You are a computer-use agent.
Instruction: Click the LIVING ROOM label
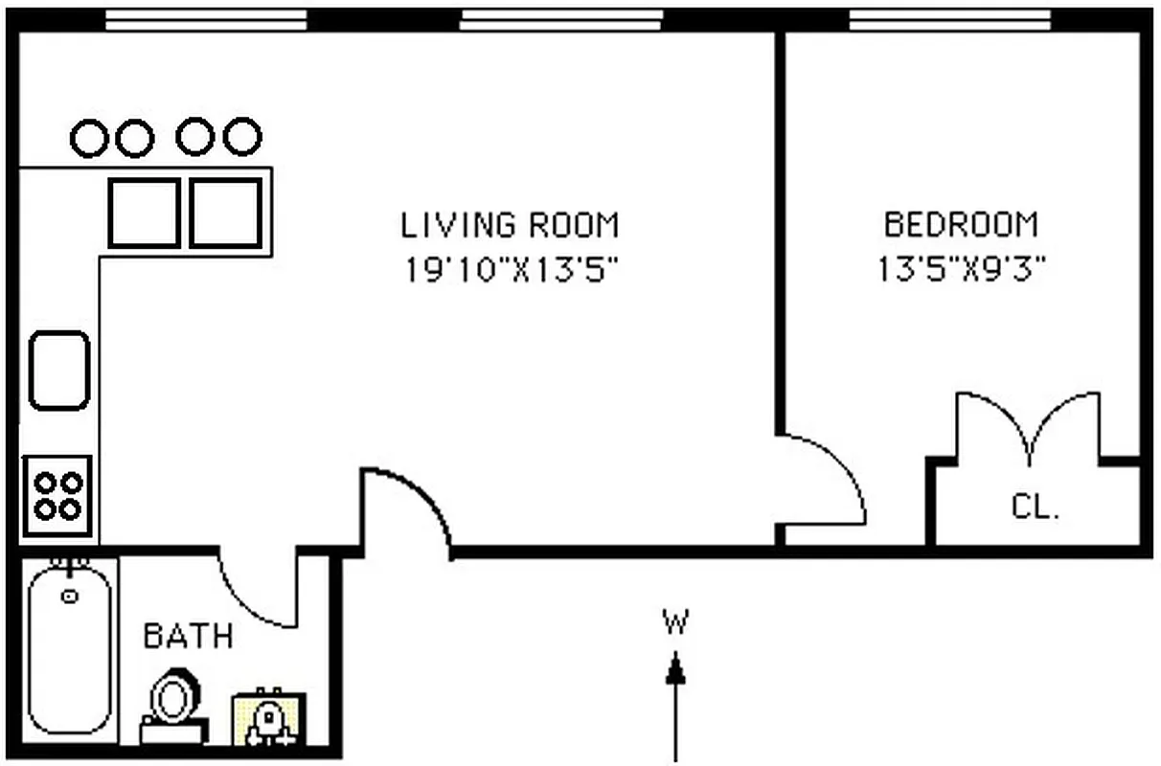(x=510, y=225)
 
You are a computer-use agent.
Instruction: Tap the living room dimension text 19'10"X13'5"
(x=510, y=270)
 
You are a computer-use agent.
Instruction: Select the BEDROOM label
(x=961, y=225)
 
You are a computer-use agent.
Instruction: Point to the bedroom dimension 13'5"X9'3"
(x=961, y=270)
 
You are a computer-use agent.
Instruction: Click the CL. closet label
(x=1036, y=507)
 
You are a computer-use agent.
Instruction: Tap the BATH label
(x=188, y=636)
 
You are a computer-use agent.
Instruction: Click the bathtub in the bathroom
(x=68, y=651)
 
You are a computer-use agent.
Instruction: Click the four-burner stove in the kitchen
(x=57, y=496)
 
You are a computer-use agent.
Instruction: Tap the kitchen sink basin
(x=59, y=371)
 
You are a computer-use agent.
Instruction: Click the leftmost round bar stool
(x=89, y=138)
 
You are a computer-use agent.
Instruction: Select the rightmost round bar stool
(x=242, y=136)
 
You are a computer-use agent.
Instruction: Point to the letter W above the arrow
(x=675, y=623)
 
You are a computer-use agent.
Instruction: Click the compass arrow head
(x=676, y=667)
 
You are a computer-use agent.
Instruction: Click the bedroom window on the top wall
(x=949, y=20)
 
